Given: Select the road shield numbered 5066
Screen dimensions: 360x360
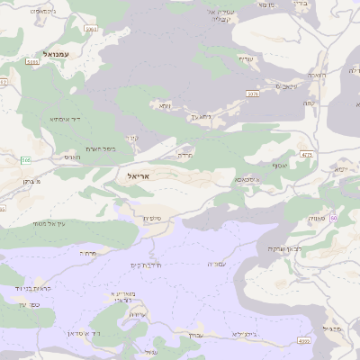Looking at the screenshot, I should point(32,62).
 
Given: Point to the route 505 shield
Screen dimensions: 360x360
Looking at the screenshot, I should point(26,160).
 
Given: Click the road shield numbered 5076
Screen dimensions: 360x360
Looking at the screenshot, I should point(253,93).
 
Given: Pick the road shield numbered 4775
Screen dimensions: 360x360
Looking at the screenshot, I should point(307,155).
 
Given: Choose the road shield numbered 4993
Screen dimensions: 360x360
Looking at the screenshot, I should point(303,341).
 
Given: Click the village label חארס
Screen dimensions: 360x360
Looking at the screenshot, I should point(73,157).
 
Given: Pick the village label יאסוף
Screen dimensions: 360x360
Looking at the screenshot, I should point(278,166).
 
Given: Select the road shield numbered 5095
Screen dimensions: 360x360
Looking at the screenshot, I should point(91,30).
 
